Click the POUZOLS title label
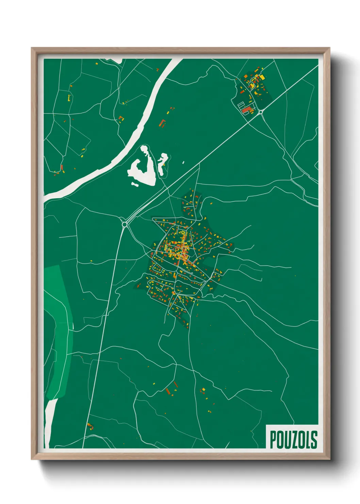click(x=293, y=439)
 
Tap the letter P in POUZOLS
click(x=273, y=440)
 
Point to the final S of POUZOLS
click(x=314, y=440)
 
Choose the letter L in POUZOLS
click(x=308, y=440)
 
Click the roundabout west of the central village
click(x=125, y=224)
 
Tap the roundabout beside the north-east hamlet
click(x=261, y=112)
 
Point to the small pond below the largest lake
click(x=135, y=184)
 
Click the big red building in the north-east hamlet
click(x=246, y=109)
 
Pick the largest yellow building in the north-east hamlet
click(x=262, y=78)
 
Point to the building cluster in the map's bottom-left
click(x=90, y=426)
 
